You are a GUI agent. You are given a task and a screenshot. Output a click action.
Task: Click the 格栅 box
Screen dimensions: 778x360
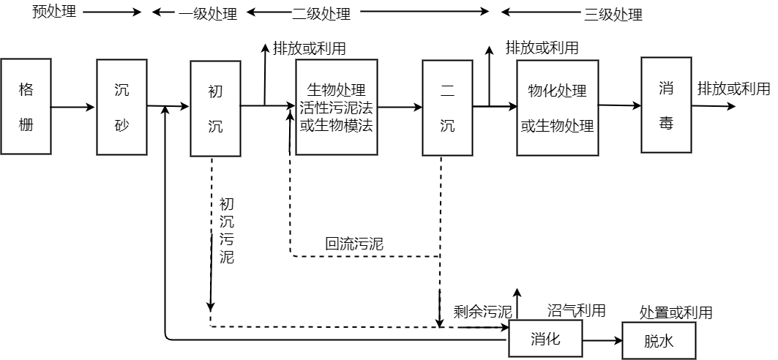tap(26, 107)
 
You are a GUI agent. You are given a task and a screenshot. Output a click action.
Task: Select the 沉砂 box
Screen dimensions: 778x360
tap(121, 107)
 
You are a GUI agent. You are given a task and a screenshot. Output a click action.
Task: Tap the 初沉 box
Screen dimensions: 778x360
tap(215, 108)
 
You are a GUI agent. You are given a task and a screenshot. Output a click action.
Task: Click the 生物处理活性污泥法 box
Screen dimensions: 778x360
tap(337, 107)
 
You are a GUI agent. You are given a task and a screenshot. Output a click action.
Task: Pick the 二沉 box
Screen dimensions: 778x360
tap(447, 108)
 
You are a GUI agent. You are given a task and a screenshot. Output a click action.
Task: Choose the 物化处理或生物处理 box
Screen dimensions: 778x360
tap(557, 108)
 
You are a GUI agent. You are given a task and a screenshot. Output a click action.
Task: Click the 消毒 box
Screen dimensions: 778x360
tap(666, 105)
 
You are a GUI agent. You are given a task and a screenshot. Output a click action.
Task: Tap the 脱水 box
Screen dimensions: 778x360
tap(659, 341)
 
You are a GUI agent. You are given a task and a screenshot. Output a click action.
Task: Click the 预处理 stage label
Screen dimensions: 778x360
tap(55, 12)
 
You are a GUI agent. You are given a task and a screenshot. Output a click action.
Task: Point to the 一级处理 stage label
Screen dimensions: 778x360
tap(208, 13)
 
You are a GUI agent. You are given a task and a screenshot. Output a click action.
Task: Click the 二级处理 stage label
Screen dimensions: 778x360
tap(321, 13)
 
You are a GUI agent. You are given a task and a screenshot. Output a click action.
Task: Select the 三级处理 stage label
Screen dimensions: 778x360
tap(613, 15)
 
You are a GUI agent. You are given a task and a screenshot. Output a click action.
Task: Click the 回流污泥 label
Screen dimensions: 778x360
tap(354, 244)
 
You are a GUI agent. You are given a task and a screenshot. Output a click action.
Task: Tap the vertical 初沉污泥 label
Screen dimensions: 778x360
tap(226, 231)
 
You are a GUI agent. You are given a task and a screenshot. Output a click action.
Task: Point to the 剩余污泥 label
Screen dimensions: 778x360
tap(483, 312)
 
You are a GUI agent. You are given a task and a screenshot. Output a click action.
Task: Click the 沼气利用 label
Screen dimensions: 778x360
tap(577, 310)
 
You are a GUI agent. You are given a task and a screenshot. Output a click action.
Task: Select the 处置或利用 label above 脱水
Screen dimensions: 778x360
tap(676, 312)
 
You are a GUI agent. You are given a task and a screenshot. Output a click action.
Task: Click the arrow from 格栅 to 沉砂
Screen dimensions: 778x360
tap(73, 107)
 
